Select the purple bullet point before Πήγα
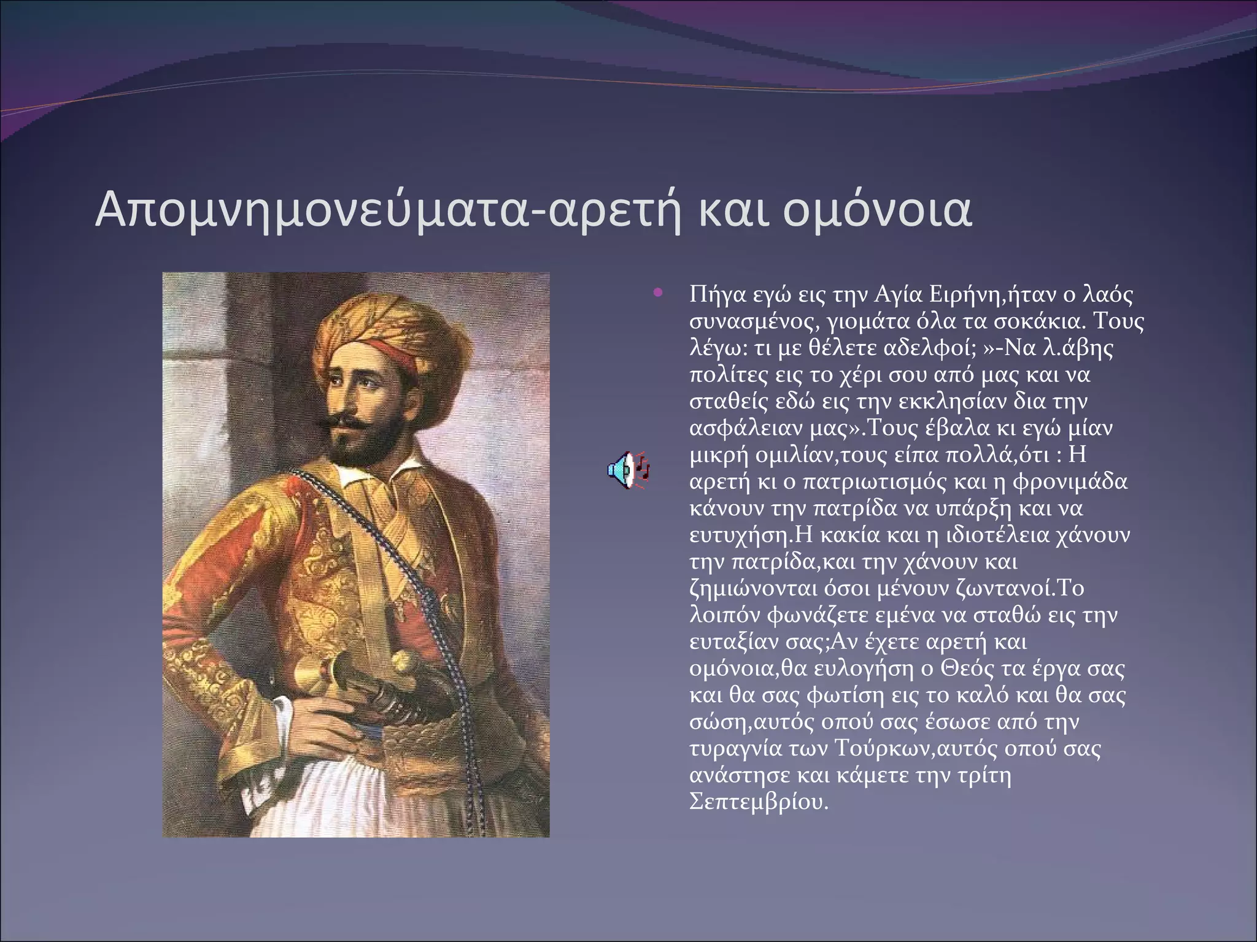click(x=659, y=293)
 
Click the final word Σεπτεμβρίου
click(x=759, y=802)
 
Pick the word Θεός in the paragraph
click(x=967, y=668)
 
